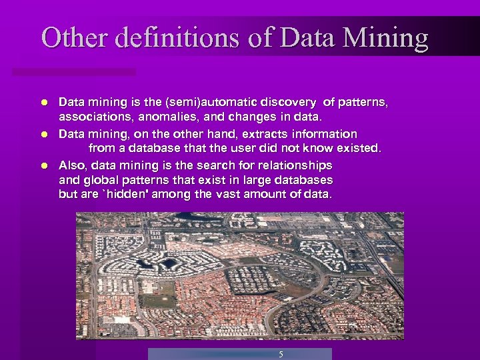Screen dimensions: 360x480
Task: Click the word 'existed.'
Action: pyautogui.click(x=360, y=149)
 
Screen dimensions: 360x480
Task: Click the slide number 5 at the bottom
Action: pyautogui.click(x=281, y=354)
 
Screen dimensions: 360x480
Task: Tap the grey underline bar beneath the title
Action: pyautogui.click(x=73, y=71)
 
